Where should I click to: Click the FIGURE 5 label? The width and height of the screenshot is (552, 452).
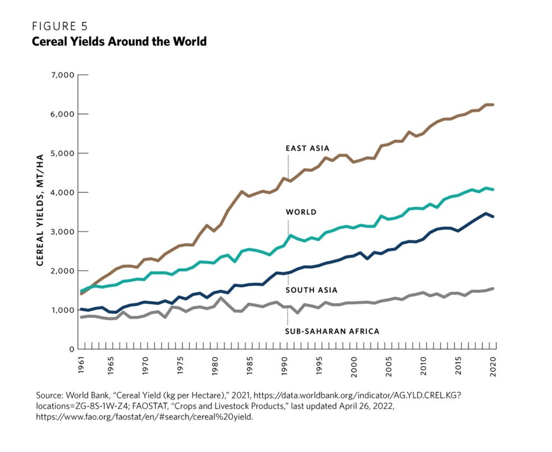(60, 27)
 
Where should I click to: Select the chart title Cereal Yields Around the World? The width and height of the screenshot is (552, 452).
(119, 41)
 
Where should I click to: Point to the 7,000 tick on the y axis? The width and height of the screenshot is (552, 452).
(62, 75)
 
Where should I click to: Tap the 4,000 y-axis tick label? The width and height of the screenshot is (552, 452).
(62, 192)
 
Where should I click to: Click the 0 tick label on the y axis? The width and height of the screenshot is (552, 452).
(71, 349)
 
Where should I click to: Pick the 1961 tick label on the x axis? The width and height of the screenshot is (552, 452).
(82, 365)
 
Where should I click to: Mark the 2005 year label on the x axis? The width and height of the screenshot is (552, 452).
(389, 365)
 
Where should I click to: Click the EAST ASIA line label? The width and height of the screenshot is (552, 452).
(307, 148)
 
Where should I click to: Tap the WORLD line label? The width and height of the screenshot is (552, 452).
(301, 212)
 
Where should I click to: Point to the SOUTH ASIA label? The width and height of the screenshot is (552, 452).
(311, 290)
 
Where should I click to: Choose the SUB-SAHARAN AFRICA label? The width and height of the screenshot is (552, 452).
(332, 332)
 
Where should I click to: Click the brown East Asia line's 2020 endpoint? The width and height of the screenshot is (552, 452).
(493, 104)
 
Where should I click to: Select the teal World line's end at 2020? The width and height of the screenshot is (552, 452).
(493, 190)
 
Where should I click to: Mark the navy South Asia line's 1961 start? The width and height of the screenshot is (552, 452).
(82, 309)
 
